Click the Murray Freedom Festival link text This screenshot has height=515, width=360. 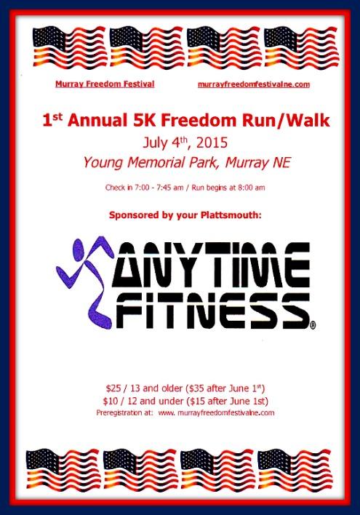(105, 84)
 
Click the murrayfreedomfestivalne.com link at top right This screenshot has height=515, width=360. (254, 84)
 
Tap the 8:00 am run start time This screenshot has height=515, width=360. (249, 188)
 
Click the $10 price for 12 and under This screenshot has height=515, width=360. (114, 402)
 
